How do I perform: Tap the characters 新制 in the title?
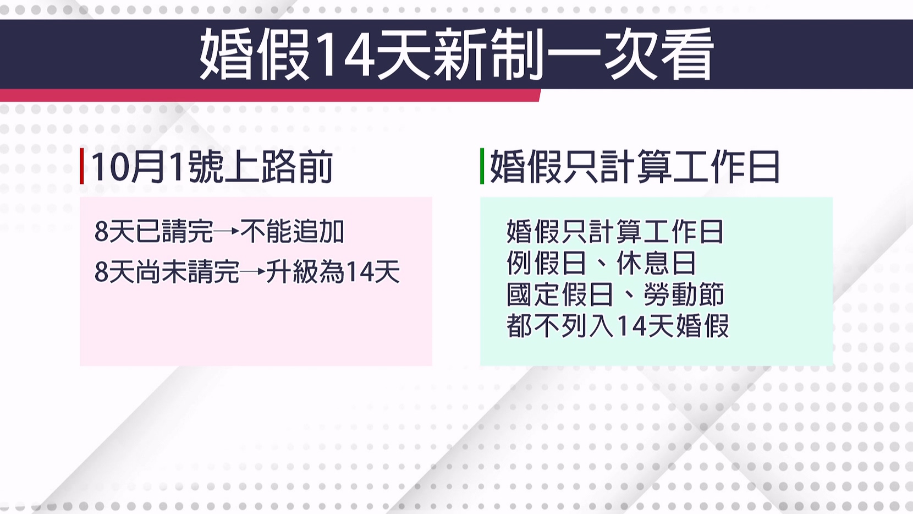(x=488, y=54)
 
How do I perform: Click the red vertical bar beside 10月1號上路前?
(x=82, y=166)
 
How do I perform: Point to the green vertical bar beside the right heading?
(x=482, y=166)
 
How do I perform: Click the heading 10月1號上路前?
(x=212, y=167)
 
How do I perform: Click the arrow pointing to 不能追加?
(x=227, y=231)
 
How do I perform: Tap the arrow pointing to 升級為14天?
(x=252, y=271)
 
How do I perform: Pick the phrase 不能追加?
(x=292, y=231)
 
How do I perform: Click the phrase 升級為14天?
(x=333, y=272)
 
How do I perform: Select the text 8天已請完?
(x=154, y=231)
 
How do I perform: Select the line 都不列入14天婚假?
(x=618, y=326)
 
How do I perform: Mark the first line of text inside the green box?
(x=615, y=231)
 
